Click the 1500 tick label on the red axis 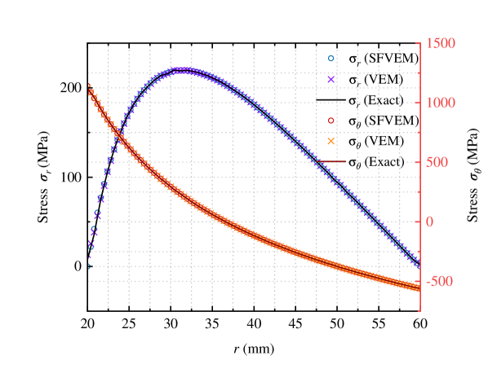439,43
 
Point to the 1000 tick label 439,103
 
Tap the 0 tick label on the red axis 429,222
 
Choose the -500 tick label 441,281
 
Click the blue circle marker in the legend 331,59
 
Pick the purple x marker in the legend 331,80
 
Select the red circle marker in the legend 331,121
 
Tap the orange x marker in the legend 331,141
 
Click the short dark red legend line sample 332,162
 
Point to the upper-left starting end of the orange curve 89,87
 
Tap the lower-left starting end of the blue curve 89,264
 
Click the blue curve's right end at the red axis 419,266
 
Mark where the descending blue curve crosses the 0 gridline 373,222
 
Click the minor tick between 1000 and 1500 419,72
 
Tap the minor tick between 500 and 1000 419,132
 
